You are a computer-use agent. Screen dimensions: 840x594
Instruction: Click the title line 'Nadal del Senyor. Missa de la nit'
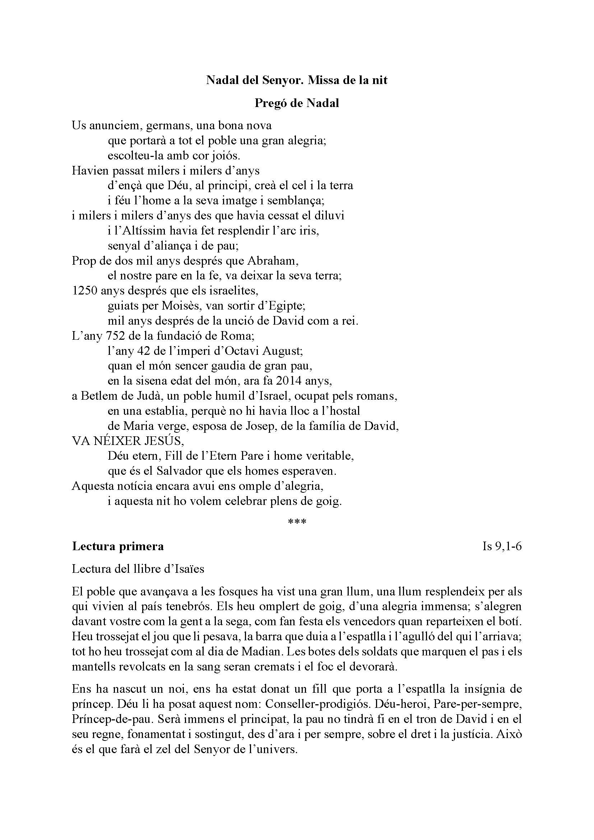coord(297,80)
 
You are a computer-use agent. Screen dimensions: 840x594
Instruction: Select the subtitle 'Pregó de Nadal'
coord(297,103)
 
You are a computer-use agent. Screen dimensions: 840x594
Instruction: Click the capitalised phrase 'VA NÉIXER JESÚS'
coord(127,441)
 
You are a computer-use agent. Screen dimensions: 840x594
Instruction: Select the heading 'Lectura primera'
coord(118,546)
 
